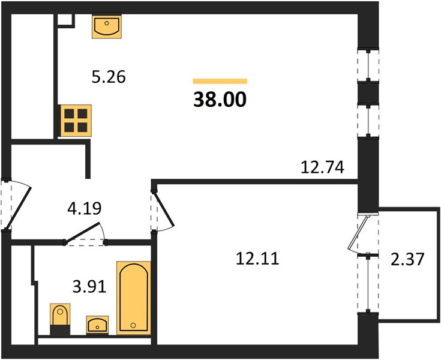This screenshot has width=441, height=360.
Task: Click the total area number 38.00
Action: tap(220, 100)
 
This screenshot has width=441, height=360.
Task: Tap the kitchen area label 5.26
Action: tap(109, 77)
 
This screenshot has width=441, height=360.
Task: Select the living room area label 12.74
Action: tap(323, 167)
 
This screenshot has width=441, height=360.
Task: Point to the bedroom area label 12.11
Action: tap(257, 259)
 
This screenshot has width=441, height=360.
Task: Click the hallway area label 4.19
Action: tap(85, 208)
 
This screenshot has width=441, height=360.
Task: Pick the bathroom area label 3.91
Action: tap(89, 287)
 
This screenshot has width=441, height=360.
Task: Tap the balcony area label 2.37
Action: tap(407, 259)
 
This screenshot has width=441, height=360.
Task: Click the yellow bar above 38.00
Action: tap(220, 81)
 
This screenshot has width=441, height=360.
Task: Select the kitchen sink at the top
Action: tap(107, 27)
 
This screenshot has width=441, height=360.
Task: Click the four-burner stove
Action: tap(76, 121)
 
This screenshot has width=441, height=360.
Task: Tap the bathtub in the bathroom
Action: tap(134, 298)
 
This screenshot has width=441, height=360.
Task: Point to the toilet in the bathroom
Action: tap(60, 319)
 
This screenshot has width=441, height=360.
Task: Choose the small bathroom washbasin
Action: tap(97, 325)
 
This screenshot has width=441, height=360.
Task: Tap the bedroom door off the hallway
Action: tap(163, 211)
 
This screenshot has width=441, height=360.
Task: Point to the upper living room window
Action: tap(368, 67)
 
